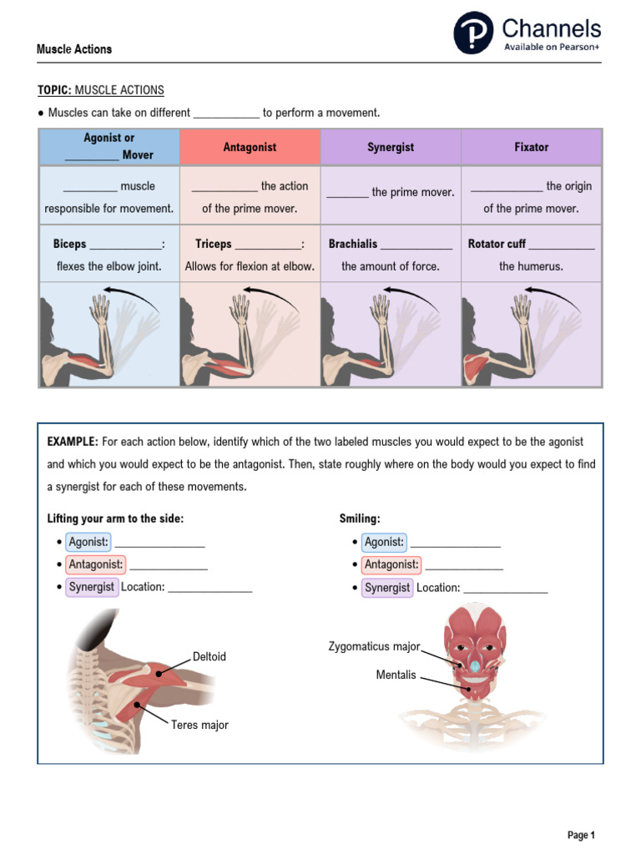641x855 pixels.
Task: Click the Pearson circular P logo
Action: tap(473, 33)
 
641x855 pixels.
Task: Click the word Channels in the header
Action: tap(551, 28)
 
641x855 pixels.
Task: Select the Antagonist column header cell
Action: tap(250, 147)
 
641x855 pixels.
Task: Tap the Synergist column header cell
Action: tap(391, 147)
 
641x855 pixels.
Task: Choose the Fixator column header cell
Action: tap(532, 147)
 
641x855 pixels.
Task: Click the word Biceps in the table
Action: tap(69, 244)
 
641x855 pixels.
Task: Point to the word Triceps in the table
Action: tap(213, 244)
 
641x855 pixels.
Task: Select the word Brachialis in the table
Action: tap(353, 244)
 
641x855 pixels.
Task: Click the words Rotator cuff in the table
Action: tap(497, 244)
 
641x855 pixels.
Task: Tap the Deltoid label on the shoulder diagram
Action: tap(209, 657)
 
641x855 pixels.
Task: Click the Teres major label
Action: tap(199, 725)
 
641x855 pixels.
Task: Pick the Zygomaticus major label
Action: tap(374, 647)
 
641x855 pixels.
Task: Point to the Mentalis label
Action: tap(396, 675)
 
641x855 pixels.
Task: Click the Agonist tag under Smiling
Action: tap(384, 542)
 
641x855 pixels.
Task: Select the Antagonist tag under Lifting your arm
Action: tap(96, 564)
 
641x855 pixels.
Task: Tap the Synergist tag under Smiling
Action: tap(387, 587)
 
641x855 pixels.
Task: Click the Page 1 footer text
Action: tap(581, 835)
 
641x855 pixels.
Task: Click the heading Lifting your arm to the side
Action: tap(115, 519)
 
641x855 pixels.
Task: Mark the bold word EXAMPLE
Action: tap(73, 441)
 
